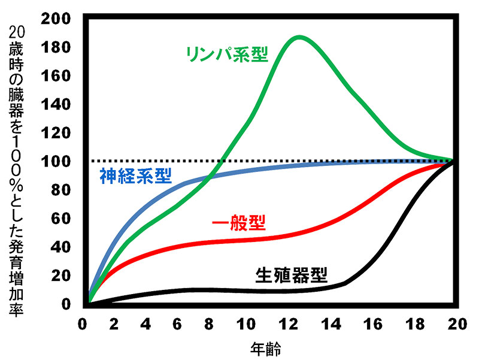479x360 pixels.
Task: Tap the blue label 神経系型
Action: coord(135,176)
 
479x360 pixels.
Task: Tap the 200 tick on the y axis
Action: coord(58,18)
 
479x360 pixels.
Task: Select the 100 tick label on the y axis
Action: coord(58,161)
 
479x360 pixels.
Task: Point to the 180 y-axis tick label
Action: coord(58,47)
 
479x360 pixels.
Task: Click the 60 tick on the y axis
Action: coord(62,218)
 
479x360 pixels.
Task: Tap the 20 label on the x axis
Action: coord(457,324)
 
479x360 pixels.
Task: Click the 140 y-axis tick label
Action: coord(58,104)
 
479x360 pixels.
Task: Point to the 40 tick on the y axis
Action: coord(62,247)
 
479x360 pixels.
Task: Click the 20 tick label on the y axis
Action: coord(62,276)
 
